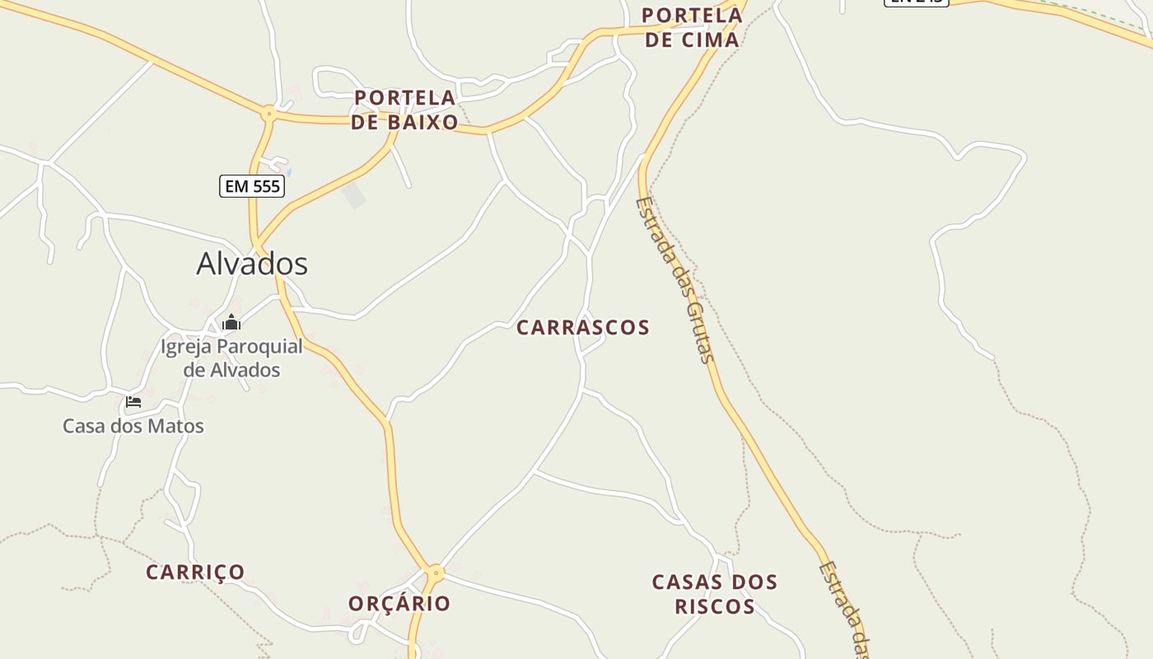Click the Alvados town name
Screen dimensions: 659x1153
(252, 264)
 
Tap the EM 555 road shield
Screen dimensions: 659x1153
(252, 186)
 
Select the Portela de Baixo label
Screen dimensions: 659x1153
(404, 110)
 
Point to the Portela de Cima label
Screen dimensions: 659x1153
(692, 27)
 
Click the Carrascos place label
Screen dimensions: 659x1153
(583, 327)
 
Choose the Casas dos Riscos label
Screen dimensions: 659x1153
(715, 594)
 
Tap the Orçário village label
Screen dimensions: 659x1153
(399, 603)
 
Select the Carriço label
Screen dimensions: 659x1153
(195, 572)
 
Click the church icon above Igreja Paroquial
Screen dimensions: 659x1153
(231, 322)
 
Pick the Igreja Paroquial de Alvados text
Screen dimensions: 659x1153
(231, 358)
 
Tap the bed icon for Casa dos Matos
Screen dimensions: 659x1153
(133, 402)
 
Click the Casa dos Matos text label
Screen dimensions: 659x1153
(133, 426)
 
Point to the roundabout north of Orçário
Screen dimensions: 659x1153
(436, 572)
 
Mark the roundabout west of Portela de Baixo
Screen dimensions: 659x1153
(268, 113)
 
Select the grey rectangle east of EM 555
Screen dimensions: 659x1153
(354, 196)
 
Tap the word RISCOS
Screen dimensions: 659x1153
(715, 606)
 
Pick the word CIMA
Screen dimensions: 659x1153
(712, 40)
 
